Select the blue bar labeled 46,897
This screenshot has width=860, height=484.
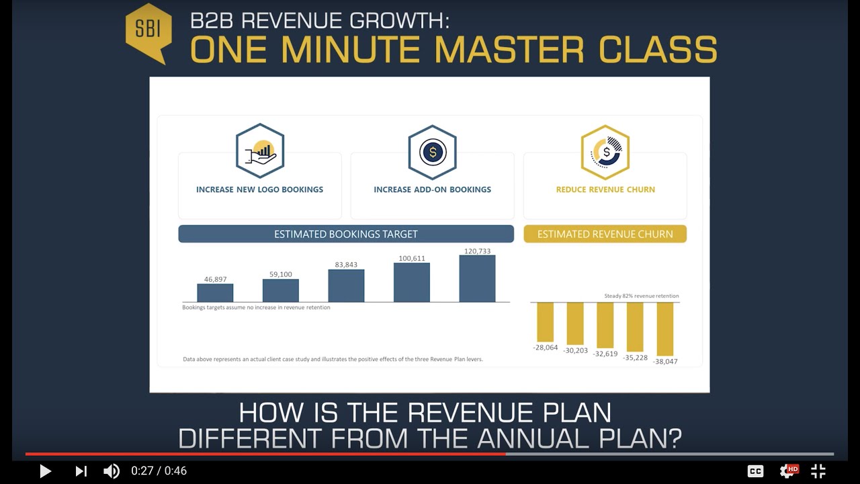[x=215, y=293]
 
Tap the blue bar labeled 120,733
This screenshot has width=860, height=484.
[x=477, y=279]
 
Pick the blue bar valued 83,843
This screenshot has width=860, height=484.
[x=346, y=286]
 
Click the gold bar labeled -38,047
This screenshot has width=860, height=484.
[x=664, y=329]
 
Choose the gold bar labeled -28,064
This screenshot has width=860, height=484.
[x=545, y=322]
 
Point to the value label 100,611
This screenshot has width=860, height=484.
[x=412, y=258]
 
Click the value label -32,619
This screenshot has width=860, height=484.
[x=605, y=354]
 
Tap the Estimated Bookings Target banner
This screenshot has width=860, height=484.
[x=346, y=234]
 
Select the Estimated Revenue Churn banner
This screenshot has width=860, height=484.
[x=605, y=234]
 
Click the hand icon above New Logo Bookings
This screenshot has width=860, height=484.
[x=260, y=151]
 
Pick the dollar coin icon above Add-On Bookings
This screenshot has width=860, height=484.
[x=432, y=152]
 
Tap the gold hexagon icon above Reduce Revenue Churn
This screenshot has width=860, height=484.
[x=605, y=152]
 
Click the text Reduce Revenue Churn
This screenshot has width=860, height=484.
[x=605, y=190]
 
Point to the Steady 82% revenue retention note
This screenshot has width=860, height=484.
[x=642, y=296]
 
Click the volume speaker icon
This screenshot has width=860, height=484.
[x=112, y=471]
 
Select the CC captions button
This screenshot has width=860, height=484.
[x=755, y=471]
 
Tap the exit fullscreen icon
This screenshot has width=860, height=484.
[x=818, y=471]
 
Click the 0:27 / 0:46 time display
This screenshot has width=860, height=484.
[x=159, y=471]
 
